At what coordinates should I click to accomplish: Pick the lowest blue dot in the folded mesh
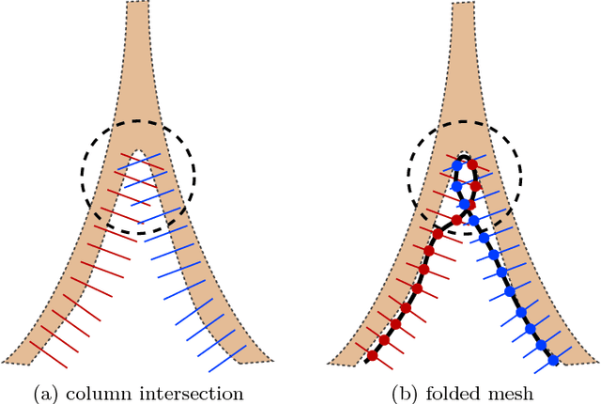coord(552,359)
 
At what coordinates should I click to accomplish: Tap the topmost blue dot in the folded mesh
coord(458,166)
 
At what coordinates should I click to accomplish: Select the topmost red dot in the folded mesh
coord(472,164)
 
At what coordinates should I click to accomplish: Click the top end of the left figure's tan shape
coord(137,4)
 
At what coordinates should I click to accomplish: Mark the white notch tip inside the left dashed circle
coord(139,150)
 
